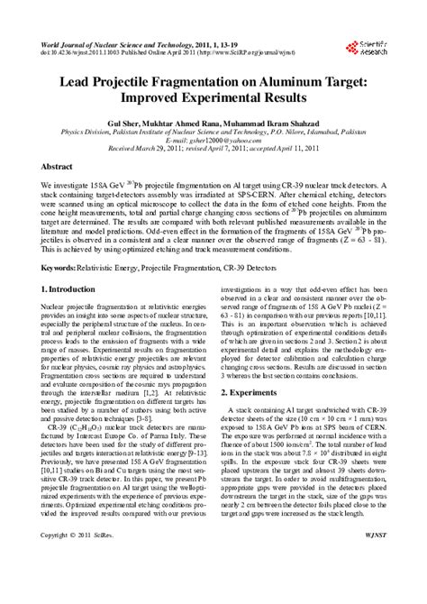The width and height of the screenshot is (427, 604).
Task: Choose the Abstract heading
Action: click(59, 169)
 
